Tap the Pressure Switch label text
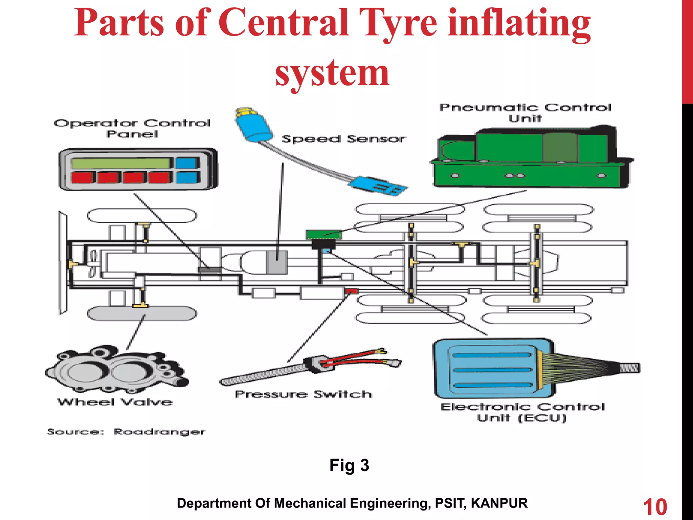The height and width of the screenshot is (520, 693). (304, 394)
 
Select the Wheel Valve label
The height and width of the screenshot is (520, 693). (115, 402)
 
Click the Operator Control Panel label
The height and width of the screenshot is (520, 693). (132, 128)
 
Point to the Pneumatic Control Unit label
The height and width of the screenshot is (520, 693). (525, 113)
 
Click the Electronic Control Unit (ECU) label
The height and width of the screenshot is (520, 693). (522, 412)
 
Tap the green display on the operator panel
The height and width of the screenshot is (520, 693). (120, 163)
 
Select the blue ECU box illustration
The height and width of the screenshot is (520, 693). (492, 369)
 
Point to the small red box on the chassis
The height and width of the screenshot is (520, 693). (352, 291)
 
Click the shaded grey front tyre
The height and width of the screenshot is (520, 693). (142, 313)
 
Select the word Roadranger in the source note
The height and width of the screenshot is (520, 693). (159, 432)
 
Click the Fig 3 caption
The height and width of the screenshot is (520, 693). (349, 465)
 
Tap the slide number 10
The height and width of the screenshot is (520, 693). (655, 507)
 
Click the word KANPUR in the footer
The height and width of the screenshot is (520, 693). (499, 503)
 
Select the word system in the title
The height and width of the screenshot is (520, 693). (332, 73)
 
